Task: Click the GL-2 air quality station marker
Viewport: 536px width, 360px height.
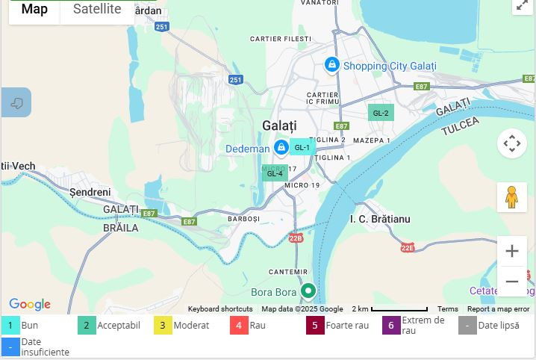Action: [x=381, y=113]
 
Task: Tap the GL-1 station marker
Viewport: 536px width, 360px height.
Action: [x=302, y=147]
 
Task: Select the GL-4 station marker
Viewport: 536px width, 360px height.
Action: [x=275, y=173]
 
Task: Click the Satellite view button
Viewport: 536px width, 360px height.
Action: [x=97, y=10]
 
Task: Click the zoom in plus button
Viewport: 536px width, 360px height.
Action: [x=511, y=251]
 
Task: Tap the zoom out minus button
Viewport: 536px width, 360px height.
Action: [x=511, y=282]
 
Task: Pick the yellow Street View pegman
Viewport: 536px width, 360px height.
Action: [x=511, y=197]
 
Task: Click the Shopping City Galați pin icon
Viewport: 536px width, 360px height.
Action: [x=331, y=66]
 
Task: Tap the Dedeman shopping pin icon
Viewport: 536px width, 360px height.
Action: [x=281, y=148]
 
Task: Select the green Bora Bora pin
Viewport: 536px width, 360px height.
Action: [x=308, y=291]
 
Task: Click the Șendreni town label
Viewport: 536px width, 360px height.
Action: [x=90, y=192]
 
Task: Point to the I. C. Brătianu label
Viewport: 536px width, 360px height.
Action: [x=380, y=219]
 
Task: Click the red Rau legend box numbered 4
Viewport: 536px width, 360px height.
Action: [x=238, y=326]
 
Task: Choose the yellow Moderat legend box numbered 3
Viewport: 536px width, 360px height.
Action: [x=162, y=326]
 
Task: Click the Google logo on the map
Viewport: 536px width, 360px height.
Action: [x=30, y=304]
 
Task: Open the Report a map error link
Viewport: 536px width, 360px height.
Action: [x=498, y=309]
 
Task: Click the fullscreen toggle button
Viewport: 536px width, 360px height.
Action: [x=522, y=5]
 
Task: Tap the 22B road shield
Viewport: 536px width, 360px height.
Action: [x=296, y=238]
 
